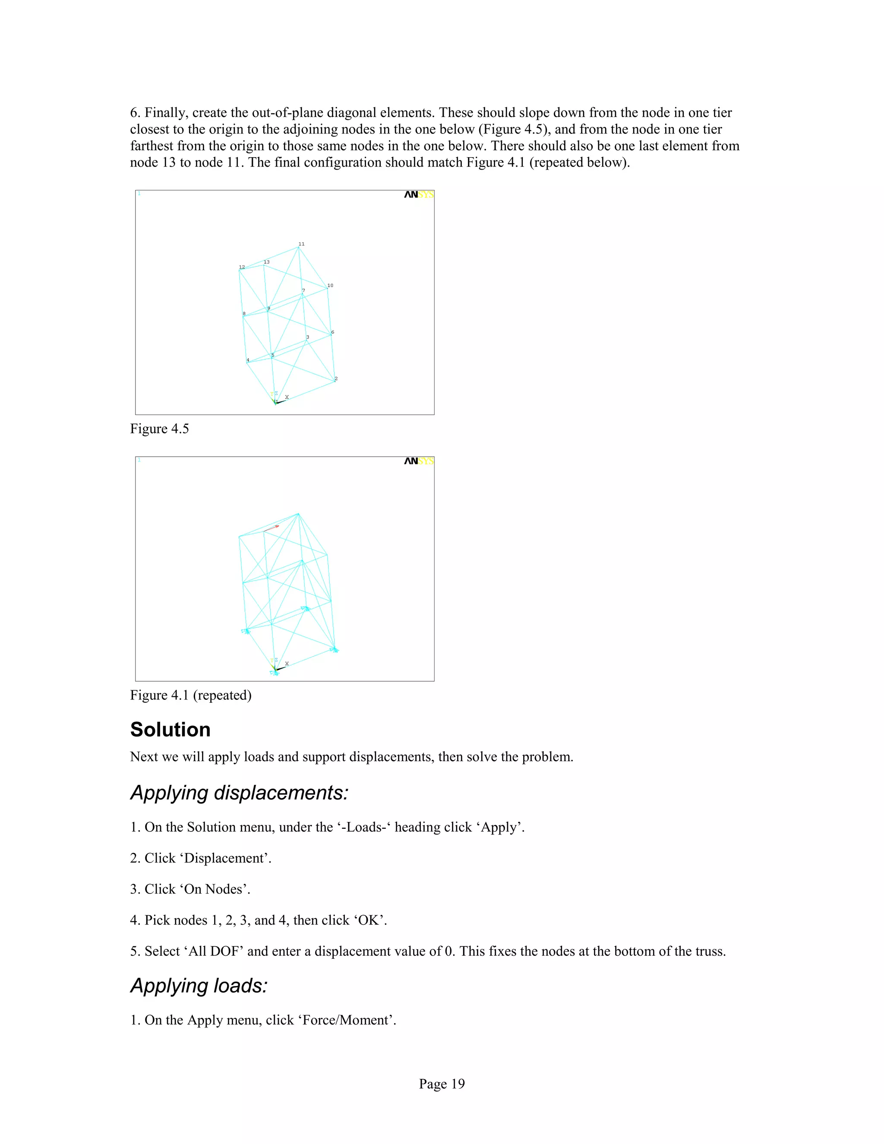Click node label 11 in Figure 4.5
point(301,244)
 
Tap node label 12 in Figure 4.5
point(242,267)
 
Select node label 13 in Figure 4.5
point(267,262)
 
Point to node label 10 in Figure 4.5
point(330,285)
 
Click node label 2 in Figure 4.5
point(336,378)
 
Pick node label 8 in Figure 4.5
point(244,314)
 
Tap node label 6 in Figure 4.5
point(332,332)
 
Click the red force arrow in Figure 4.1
point(271,528)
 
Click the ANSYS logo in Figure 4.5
point(418,195)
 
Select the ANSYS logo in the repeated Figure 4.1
point(418,461)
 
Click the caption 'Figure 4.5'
point(159,429)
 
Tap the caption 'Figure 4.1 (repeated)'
point(191,695)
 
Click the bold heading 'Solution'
point(170,730)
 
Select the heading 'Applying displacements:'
point(239,793)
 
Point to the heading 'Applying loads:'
point(199,986)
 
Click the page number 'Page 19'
point(442,1084)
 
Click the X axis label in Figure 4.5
point(287,397)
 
